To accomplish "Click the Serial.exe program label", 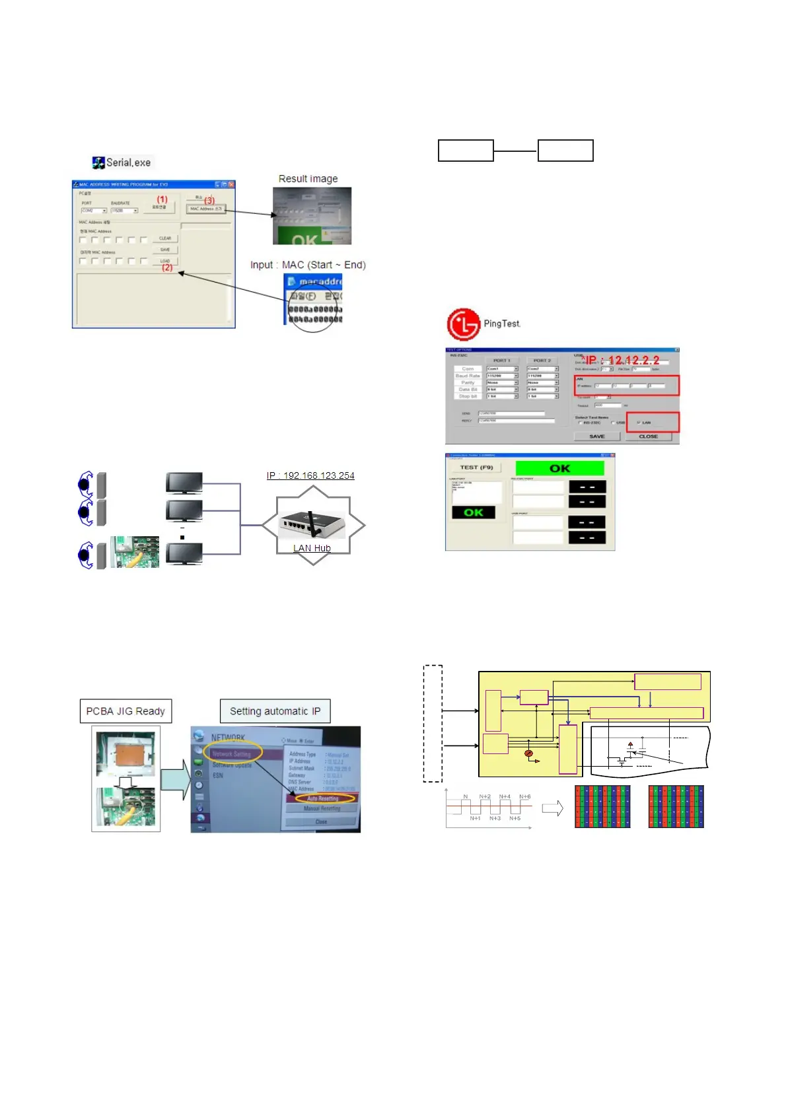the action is coord(127,162).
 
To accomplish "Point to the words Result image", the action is coord(308,179).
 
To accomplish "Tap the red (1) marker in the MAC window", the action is coord(162,199).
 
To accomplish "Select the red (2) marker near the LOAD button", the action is coord(167,267).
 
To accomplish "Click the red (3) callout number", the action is coord(209,200).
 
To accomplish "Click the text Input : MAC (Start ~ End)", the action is coord(308,265).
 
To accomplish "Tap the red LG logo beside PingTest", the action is coord(463,324).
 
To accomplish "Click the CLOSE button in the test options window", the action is coord(648,436).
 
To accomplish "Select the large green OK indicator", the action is coord(559,468).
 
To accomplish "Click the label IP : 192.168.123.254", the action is coord(310,475).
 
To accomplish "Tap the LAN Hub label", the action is coord(312,548).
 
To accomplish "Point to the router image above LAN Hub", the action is coord(312,524).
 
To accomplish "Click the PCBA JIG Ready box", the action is coord(125,711).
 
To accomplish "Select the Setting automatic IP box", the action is coord(275,711).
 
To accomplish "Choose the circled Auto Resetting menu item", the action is coord(322,798).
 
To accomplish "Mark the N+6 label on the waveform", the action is coord(524,796).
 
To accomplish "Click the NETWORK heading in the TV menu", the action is coord(228,738).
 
